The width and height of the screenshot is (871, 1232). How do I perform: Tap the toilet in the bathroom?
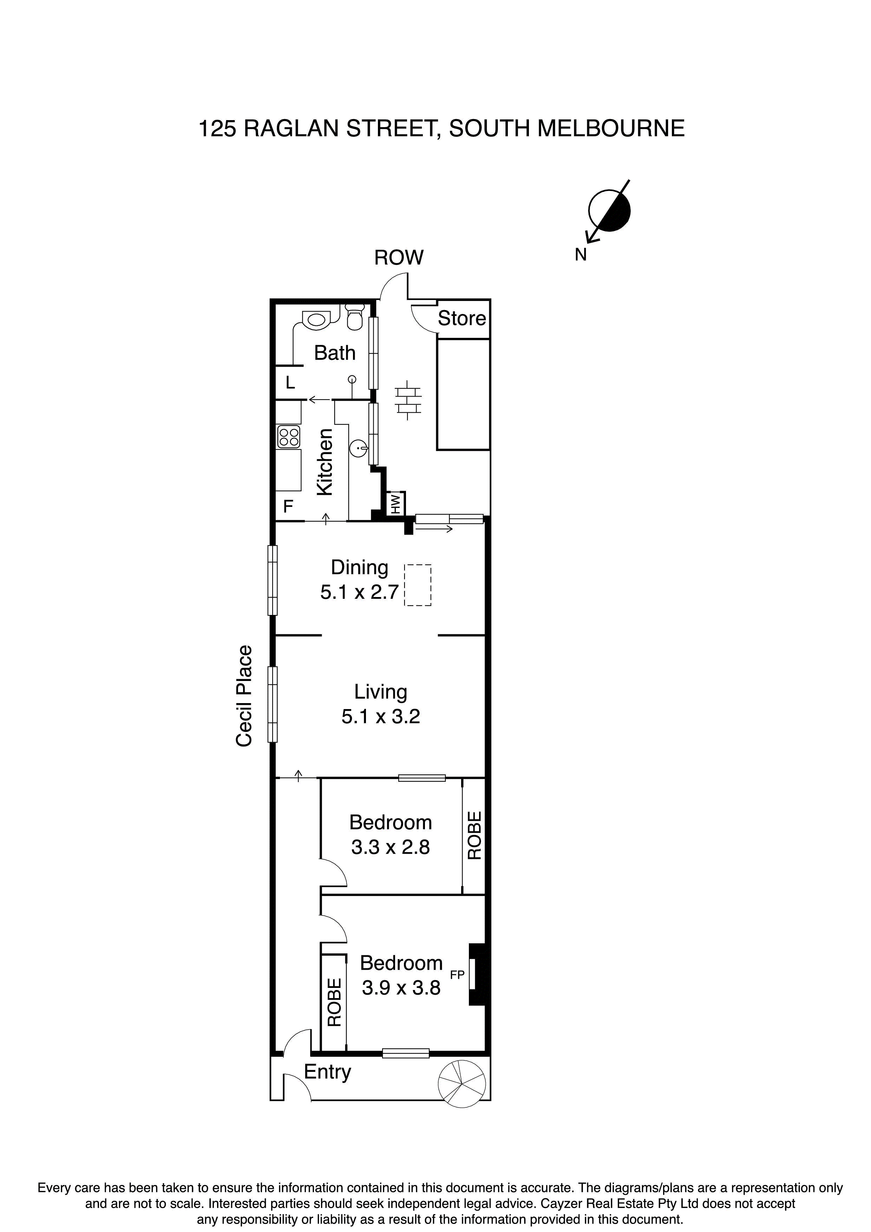coord(354,316)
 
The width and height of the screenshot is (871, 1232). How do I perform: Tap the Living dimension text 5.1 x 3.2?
coord(380,716)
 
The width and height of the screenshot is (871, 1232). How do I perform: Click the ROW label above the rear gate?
coord(399,257)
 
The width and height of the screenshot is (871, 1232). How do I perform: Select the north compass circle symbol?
coord(609,211)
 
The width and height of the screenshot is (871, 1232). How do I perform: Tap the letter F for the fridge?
coord(288,506)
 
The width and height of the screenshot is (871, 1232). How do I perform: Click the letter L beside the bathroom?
coord(290,382)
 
